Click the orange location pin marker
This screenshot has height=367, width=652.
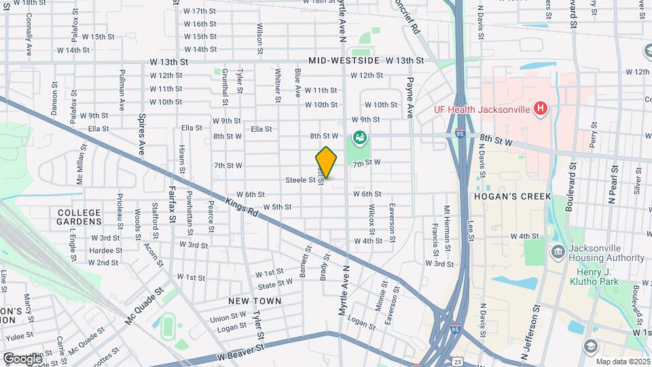pos(326,162)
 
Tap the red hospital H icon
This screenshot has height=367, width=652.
pos(541,107)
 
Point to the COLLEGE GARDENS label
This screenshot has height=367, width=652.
pos(79,217)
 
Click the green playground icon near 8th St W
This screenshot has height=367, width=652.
pos(359,138)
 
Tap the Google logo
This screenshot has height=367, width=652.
pos(22,358)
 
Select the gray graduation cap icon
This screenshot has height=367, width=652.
pos(590,346)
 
